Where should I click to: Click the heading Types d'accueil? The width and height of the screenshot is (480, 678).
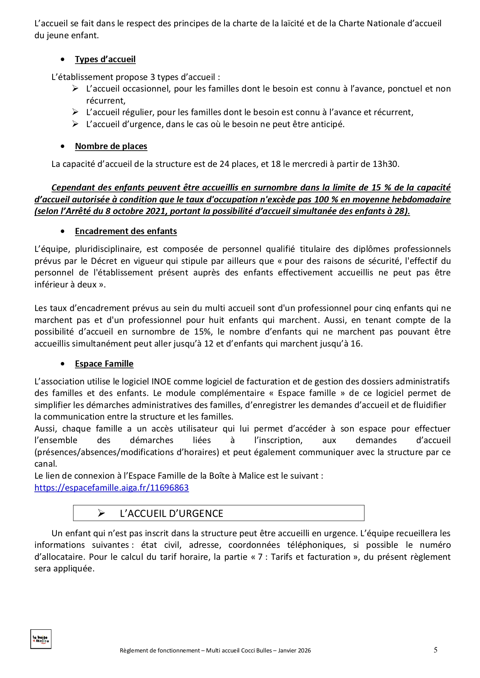[x=105, y=59]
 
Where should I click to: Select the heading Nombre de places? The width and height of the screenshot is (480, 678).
[x=111, y=146]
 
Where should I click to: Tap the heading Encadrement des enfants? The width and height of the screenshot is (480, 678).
[x=126, y=231]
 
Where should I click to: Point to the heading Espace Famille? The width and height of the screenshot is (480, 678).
[x=104, y=364]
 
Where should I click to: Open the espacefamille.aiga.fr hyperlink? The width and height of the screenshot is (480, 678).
[x=111, y=488]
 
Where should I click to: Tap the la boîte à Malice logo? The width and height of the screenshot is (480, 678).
[x=41, y=639]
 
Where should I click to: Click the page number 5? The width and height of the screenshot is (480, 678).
[x=436, y=650]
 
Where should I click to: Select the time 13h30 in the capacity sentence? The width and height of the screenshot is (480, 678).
[x=385, y=164]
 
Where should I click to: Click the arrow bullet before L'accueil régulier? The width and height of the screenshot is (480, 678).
[x=75, y=112]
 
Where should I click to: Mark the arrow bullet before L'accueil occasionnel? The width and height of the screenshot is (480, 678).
[x=75, y=89]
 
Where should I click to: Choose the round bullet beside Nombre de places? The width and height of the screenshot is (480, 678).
[x=63, y=147]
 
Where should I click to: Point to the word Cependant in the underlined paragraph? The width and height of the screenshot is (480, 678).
[x=73, y=188]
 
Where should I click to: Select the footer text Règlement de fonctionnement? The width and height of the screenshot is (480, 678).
[x=160, y=651]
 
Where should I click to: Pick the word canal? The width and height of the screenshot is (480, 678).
[x=45, y=464]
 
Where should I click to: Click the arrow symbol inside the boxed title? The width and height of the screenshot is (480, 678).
[x=101, y=513]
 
